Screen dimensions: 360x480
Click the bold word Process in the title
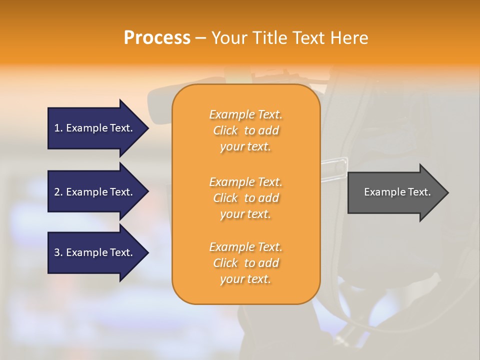pyautogui.click(x=157, y=38)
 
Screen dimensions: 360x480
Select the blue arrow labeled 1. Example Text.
pyautogui.click(x=95, y=128)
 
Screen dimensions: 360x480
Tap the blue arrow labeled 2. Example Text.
pyautogui.click(x=95, y=192)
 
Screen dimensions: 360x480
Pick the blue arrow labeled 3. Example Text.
pyautogui.click(x=95, y=252)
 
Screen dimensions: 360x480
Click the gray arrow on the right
pyautogui.click(x=395, y=192)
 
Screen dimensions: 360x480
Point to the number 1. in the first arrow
pyautogui.click(x=58, y=128)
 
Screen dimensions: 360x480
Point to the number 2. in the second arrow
pyautogui.click(x=58, y=192)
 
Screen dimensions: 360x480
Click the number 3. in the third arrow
pyautogui.click(x=58, y=252)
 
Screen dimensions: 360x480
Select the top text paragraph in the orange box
pyautogui.click(x=245, y=130)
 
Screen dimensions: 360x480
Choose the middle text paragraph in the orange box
pyautogui.click(x=245, y=198)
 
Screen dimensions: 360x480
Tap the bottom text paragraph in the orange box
pyautogui.click(x=245, y=263)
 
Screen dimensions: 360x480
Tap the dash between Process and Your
pyautogui.click(x=201, y=38)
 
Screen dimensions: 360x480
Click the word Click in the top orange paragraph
pyautogui.click(x=225, y=130)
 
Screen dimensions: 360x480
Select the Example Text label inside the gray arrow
pyautogui.click(x=397, y=192)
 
